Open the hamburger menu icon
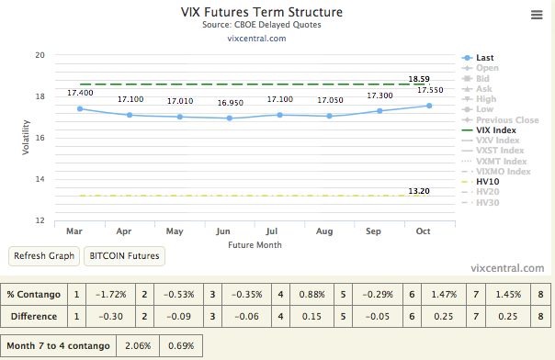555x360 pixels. pyautogui.click(x=537, y=15)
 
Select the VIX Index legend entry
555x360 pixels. pyautogui.click(x=497, y=129)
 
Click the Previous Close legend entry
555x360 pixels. pyautogui.click(x=507, y=119)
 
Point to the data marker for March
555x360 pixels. pyautogui.click(x=80, y=108)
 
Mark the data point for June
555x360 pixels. pyautogui.click(x=230, y=118)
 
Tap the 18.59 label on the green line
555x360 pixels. pyautogui.click(x=419, y=79)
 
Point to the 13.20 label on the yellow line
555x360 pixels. pyautogui.click(x=419, y=190)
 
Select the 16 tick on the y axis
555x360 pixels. pyautogui.click(x=40, y=138)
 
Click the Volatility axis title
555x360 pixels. pyautogui.click(x=26, y=138)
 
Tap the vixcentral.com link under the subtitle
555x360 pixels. pyautogui.click(x=256, y=38)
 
